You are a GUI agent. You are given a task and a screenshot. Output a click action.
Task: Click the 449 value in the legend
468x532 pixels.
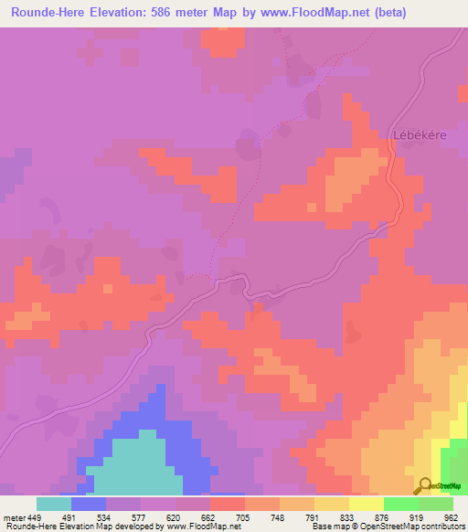pos(35,516)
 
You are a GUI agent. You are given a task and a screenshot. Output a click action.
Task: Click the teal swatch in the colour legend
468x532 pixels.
pos(53,504)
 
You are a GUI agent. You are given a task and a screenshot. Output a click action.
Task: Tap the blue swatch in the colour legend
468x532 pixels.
pos(88,504)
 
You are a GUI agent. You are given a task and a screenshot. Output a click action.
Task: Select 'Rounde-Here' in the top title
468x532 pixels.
pos(47,12)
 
